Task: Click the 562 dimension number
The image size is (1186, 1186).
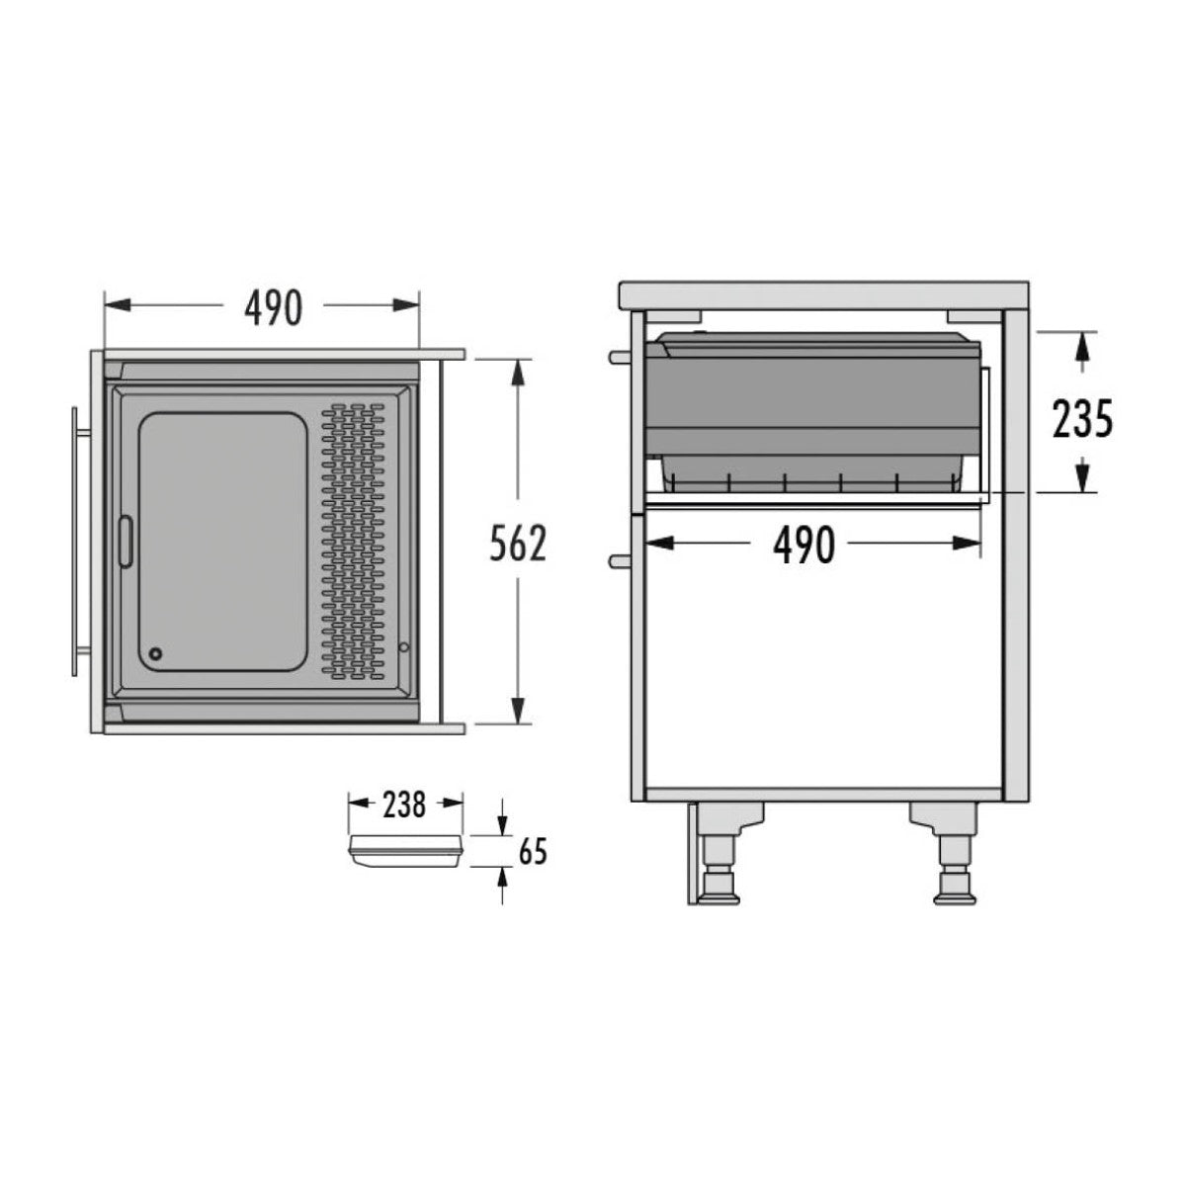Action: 518,543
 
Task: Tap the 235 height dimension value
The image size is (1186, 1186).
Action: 1081,419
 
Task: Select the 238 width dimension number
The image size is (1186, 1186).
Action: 404,805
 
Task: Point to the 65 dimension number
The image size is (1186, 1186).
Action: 533,852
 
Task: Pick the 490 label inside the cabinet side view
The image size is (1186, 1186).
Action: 803,545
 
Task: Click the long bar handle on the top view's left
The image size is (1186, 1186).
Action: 75,540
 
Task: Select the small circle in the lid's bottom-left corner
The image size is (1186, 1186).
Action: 155,653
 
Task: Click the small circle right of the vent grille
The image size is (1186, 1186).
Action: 404,647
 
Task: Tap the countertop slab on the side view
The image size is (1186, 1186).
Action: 822,295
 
